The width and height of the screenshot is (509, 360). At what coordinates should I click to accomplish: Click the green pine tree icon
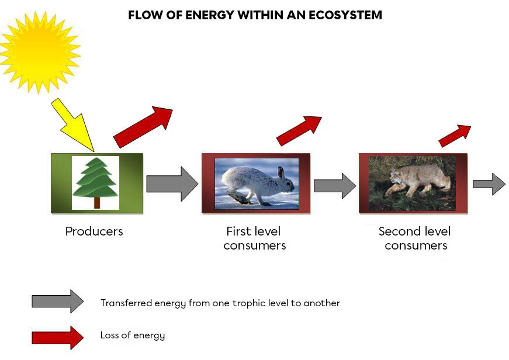[96, 179]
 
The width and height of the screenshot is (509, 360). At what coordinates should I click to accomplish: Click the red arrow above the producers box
[143, 127]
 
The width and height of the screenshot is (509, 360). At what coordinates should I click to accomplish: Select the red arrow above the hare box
[299, 130]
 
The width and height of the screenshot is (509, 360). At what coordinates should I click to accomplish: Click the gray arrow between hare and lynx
[334, 186]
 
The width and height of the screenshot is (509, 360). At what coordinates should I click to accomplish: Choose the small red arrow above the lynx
[455, 136]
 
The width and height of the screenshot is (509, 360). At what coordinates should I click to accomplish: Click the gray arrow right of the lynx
[489, 184]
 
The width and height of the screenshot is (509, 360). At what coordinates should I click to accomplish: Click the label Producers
[94, 231]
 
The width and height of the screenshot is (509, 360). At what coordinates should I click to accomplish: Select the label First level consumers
[255, 238]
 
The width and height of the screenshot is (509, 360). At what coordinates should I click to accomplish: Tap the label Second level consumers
[415, 238]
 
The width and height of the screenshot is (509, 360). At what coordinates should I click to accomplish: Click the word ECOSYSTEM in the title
[345, 15]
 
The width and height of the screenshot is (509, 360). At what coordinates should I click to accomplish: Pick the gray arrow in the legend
[57, 302]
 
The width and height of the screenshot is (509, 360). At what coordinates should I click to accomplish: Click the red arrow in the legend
[57, 337]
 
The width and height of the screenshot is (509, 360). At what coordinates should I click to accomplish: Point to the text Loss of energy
[133, 335]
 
